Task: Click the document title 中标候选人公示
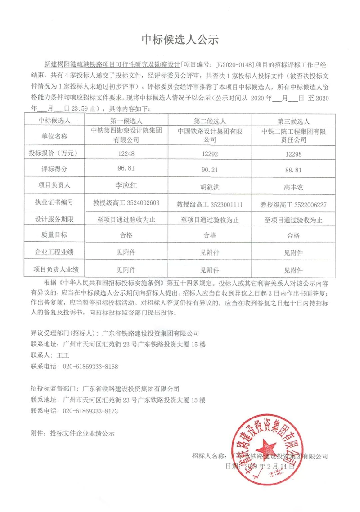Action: (180, 40)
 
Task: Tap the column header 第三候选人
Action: (293, 121)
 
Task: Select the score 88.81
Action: (293, 170)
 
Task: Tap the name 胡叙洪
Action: (209, 186)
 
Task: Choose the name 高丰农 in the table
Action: (293, 186)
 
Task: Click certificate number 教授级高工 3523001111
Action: (210, 204)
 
